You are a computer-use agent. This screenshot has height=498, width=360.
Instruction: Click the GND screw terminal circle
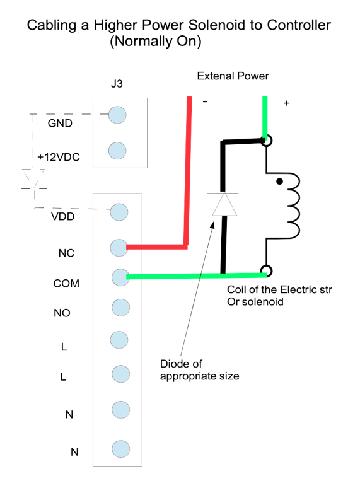pyautogui.click(x=117, y=115)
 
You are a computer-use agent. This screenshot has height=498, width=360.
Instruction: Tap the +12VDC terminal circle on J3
pyautogui.click(x=117, y=151)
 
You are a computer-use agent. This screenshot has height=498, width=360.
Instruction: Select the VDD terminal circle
pyautogui.click(x=119, y=212)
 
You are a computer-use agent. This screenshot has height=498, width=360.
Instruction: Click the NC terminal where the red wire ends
pyautogui.click(x=119, y=248)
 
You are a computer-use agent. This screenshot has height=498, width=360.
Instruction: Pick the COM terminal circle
pyautogui.click(x=121, y=277)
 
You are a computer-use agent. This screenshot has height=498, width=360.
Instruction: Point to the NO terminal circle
pyautogui.click(x=121, y=308)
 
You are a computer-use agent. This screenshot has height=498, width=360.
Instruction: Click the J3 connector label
pyautogui.click(x=117, y=84)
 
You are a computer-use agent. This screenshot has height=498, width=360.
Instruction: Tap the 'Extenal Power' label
pyautogui.click(x=233, y=76)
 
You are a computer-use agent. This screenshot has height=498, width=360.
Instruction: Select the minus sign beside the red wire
pyautogui.click(x=206, y=101)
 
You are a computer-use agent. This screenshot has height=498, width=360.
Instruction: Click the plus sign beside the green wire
pyautogui.click(x=287, y=103)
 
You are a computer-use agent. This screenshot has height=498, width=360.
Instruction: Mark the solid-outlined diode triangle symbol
pyautogui.click(x=224, y=204)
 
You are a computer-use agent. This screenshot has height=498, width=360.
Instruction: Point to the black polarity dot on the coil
pyautogui.click(x=279, y=182)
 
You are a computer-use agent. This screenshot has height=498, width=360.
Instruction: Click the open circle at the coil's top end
pyautogui.click(x=267, y=141)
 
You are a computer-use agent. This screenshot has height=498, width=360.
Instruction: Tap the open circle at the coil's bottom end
pyautogui.click(x=267, y=271)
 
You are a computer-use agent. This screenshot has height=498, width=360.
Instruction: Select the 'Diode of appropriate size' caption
pyautogui.click(x=199, y=369)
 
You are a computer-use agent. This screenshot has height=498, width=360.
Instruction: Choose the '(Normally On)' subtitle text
pyautogui.click(x=155, y=41)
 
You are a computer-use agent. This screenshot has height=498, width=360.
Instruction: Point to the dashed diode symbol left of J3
pyautogui.click(x=33, y=180)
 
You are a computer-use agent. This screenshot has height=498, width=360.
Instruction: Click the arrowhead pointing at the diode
pyautogui.click(x=213, y=225)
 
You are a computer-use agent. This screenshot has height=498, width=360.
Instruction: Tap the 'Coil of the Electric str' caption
pyautogui.click(x=279, y=289)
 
